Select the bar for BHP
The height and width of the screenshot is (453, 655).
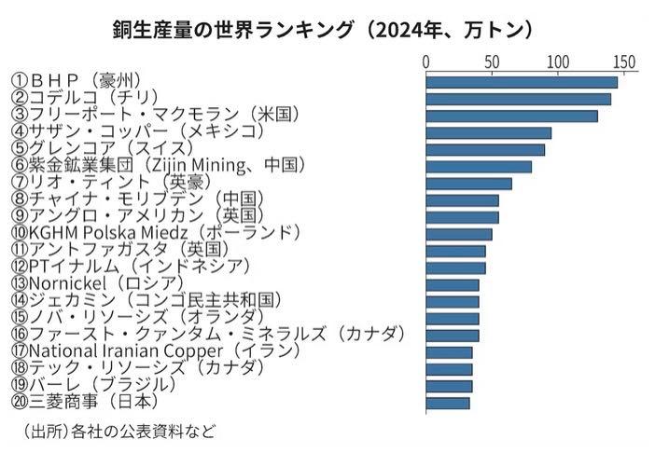point(522,82)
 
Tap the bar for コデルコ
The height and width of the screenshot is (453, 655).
point(519,99)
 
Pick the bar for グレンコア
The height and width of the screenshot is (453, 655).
point(485,150)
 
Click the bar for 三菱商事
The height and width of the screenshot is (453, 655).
point(448,403)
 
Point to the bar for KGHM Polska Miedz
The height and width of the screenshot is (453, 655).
point(459,234)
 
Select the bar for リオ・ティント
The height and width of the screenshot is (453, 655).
point(469,184)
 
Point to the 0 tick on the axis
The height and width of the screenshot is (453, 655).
point(426,62)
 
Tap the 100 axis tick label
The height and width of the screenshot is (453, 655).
point(558,62)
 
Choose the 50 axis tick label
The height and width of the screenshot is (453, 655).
point(492,62)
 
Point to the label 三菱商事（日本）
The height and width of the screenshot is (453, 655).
point(85,402)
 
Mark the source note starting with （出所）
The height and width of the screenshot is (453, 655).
point(118,431)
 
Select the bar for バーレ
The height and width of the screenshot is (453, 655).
point(449,386)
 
